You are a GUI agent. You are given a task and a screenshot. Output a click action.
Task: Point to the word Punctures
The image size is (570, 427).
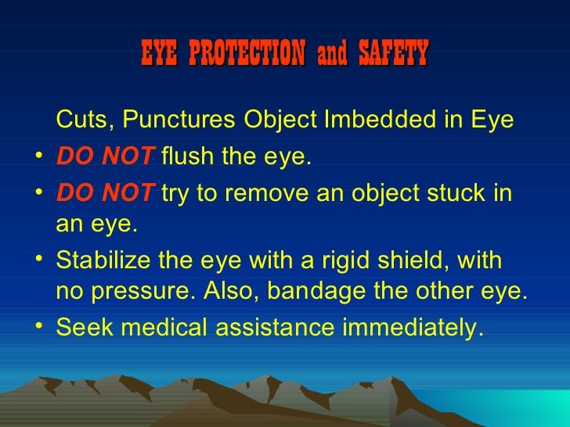click(x=179, y=120)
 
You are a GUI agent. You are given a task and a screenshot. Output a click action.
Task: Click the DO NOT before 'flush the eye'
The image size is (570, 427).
click(x=106, y=158)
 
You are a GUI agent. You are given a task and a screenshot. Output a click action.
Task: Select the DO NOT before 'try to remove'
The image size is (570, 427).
click(x=106, y=192)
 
